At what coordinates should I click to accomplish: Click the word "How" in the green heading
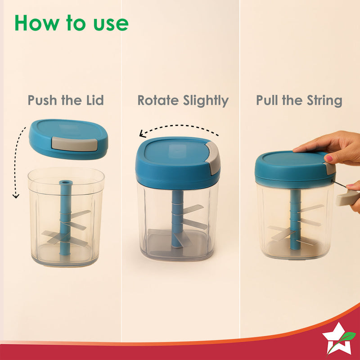(37, 23)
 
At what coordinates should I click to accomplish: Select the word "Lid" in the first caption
(95, 100)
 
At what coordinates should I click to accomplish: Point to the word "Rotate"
(158, 100)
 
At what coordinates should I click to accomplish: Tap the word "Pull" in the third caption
(267, 100)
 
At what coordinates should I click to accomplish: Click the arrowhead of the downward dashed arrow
(16, 196)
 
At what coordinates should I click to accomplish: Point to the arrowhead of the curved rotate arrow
(143, 134)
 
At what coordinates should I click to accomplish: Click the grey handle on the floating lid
(75, 144)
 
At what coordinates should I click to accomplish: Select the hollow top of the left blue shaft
(66, 183)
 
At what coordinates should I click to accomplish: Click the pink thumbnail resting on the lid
(329, 158)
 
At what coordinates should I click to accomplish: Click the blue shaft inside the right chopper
(295, 220)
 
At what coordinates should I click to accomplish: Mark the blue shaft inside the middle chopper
(177, 219)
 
